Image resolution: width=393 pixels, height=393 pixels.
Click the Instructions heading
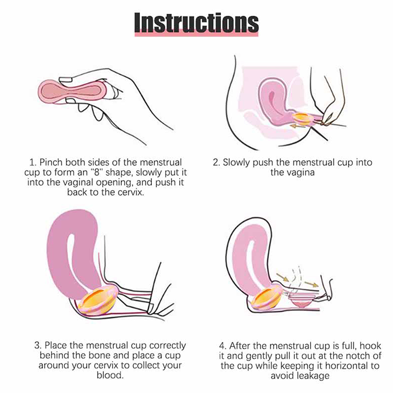(x=196, y=23)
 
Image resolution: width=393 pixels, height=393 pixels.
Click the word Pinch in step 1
(x=51, y=163)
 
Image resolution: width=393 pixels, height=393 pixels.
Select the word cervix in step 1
(x=131, y=193)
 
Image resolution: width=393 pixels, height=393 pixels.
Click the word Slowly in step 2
(x=236, y=163)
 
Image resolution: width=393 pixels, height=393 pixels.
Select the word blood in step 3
(x=110, y=375)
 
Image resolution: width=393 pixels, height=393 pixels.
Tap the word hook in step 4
(x=370, y=346)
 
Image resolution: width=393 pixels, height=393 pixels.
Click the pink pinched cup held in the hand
(x=72, y=91)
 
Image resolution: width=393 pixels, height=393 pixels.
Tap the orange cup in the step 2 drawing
(x=303, y=119)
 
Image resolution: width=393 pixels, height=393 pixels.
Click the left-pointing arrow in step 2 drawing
(x=298, y=126)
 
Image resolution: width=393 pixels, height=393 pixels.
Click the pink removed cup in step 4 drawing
(x=302, y=301)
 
